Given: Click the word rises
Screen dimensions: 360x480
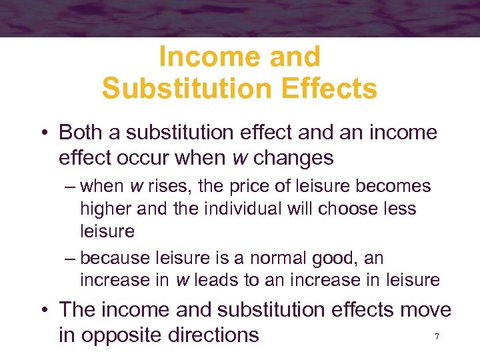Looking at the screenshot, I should [x=186, y=187].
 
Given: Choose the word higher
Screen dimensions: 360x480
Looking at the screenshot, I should [x=107, y=209].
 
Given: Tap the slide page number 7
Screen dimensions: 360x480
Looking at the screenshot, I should [x=437, y=337].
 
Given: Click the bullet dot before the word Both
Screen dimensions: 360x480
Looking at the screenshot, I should [x=43, y=133].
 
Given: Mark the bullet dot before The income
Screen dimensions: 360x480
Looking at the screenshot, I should [x=43, y=311].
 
